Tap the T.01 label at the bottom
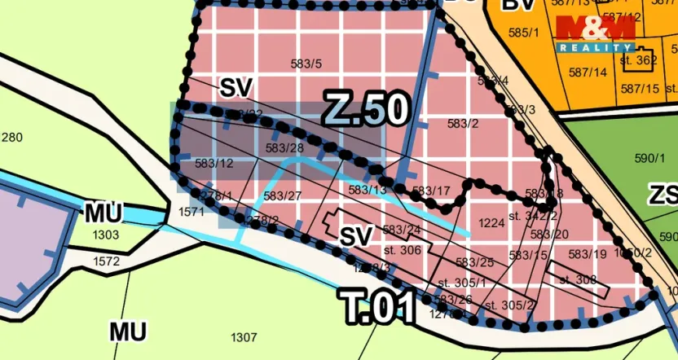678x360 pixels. tap(378, 307)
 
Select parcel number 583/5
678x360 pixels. tap(306, 64)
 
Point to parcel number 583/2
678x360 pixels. tap(463, 123)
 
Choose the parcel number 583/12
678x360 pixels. tap(214, 164)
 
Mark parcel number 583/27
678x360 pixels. tap(283, 195)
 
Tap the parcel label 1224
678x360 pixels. tap(491, 222)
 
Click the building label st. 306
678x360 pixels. tap(401, 250)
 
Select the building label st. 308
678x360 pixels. tap(578, 279)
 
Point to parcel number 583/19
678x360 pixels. tap(590, 254)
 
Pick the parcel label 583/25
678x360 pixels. tap(474, 262)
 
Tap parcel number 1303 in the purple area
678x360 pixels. tap(106, 235)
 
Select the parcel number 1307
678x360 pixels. tap(244, 337)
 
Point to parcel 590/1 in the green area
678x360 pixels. tap(649, 158)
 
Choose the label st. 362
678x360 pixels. tap(638, 59)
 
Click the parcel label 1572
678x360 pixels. tap(106, 261)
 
